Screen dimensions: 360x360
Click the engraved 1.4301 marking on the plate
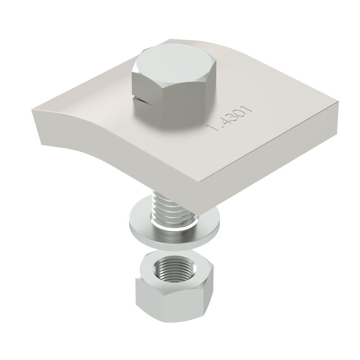pyautogui.click(x=229, y=118)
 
